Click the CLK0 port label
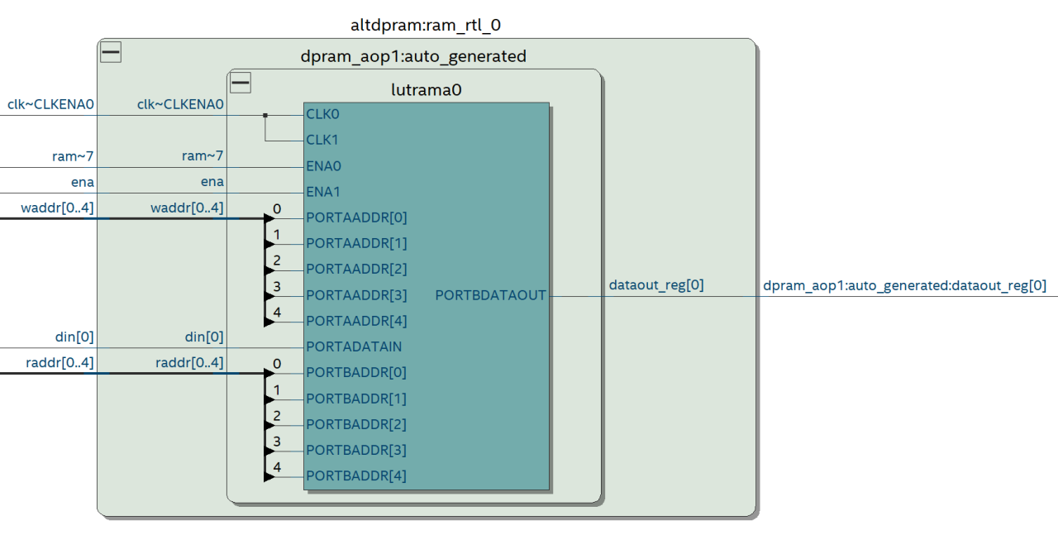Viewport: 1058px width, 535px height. coord(322,114)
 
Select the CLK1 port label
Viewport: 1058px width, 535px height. coord(322,140)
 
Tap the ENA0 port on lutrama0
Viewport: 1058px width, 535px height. coord(323,166)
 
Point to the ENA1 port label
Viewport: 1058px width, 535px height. coord(323,192)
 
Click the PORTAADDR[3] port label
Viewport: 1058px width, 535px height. coord(356,295)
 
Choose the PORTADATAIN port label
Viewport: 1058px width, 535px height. coord(354,346)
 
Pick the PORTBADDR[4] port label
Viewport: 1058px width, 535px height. coord(356,475)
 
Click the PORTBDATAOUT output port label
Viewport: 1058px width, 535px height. coord(490,295)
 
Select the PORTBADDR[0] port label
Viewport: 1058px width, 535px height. coord(356,372)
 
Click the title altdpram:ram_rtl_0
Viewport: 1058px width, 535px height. coord(426,25)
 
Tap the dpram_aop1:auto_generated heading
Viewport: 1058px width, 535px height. coord(413,56)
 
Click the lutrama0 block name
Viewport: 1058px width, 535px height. coord(426,90)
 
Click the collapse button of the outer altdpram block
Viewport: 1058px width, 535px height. coord(111,53)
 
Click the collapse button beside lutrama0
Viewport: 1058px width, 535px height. coord(241,83)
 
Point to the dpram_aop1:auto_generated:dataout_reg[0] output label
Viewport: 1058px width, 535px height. coord(904,285)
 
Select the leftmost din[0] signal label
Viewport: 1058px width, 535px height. coord(74,337)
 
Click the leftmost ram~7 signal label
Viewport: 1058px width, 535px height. coord(73,155)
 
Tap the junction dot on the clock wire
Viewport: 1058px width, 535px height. coord(265,115)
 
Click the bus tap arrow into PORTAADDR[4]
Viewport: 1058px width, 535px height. coord(269,321)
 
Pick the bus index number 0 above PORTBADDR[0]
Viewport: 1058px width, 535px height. coord(277,364)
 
